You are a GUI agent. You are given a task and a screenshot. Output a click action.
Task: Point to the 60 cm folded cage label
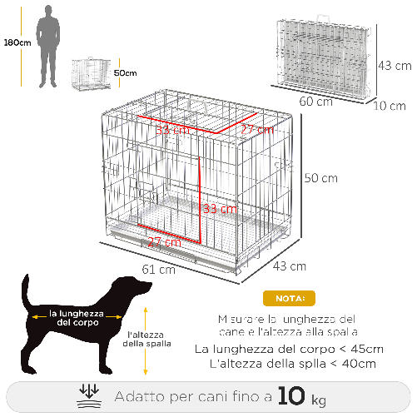point(316,102)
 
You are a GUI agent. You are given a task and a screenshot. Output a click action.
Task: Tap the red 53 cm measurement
point(173,130)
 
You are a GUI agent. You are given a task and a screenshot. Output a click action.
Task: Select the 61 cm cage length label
point(158,269)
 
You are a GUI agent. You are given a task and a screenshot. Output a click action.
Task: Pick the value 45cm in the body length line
point(366,348)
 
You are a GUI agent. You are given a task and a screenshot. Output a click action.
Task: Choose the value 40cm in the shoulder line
point(358,364)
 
